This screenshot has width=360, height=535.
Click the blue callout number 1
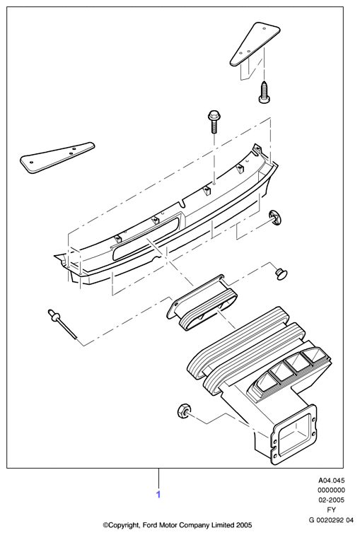(x=158, y=494)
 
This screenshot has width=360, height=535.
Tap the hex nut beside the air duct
(x=184, y=411)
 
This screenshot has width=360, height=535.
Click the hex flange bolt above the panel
(x=213, y=122)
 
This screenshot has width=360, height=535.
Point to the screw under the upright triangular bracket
(x=264, y=91)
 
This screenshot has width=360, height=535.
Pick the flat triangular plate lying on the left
(x=57, y=158)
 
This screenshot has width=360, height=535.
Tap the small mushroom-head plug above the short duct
(x=281, y=274)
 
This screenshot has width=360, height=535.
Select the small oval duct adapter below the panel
(x=202, y=302)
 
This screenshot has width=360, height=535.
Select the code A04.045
(x=331, y=481)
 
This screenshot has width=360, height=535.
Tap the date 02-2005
(x=331, y=500)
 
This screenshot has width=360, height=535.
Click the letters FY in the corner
(x=331, y=510)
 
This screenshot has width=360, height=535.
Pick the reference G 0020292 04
(x=331, y=520)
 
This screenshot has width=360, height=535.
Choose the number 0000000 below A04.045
(x=331, y=490)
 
